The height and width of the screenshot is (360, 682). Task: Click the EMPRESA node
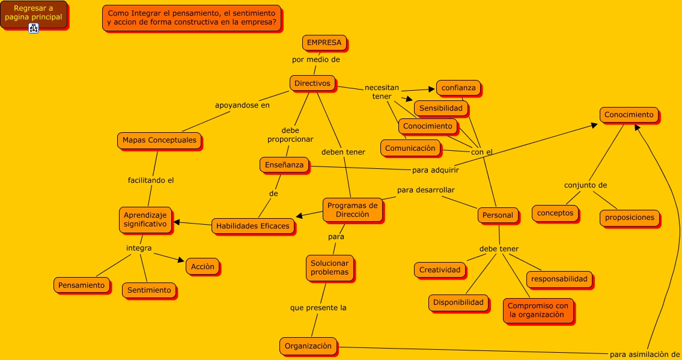[324, 43]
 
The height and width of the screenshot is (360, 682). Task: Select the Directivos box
[312, 84]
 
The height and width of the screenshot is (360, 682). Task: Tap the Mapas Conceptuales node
[159, 141]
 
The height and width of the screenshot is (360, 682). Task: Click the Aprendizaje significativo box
[145, 219]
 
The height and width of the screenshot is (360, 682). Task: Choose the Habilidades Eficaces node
[253, 226]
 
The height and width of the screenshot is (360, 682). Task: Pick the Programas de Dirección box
[352, 210]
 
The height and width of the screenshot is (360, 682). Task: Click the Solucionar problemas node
[329, 267]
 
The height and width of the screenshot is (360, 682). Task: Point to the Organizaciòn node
[308, 346]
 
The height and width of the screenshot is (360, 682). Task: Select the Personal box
[498, 215]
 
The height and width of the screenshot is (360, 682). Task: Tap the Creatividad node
[440, 270]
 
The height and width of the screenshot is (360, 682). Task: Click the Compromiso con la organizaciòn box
[538, 310]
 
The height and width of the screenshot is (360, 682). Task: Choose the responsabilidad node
[559, 279]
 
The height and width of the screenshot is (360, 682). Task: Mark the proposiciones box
[629, 218]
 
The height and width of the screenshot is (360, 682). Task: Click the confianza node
[458, 88]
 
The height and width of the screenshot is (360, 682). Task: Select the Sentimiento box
[149, 290]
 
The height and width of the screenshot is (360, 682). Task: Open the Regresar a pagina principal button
[33, 13]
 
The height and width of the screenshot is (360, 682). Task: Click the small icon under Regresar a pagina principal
[34, 28]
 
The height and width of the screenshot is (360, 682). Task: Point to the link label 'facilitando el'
[151, 180]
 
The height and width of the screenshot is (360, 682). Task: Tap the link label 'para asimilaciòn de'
[645, 354]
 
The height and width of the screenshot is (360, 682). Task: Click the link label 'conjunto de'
[585, 185]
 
